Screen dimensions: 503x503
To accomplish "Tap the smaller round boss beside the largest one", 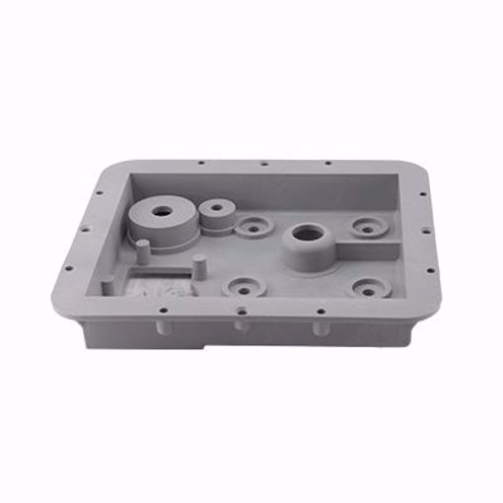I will click(214, 210).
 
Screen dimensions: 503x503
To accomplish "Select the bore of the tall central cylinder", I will click(306, 236).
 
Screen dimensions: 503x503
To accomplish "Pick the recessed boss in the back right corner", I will click(367, 228).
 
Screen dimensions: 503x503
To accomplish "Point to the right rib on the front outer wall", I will click(319, 324).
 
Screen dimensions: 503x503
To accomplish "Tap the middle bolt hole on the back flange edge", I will click(265, 165).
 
